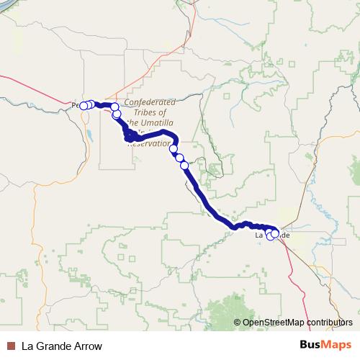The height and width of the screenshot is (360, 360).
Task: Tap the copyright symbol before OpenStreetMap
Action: pyautogui.click(x=238, y=322)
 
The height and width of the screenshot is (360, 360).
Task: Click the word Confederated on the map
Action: pyautogui.click(x=150, y=103)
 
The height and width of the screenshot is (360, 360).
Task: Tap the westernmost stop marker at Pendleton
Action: pyautogui.click(x=84, y=106)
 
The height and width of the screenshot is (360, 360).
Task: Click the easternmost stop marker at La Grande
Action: pyautogui.click(x=275, y=233)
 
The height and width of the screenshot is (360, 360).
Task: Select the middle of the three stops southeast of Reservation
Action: pyautogui.click(x=179, y=158)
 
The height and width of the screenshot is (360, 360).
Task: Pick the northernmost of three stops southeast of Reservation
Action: pyautogui.click(x=174, y=149)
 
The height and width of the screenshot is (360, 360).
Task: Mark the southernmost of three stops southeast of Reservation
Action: pyautogui.click(x=184, y=166)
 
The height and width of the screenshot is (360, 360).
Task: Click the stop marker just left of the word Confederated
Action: pyautogui.click(x=114, y=107)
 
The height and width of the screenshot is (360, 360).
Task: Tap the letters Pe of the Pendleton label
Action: pyautogui.click(x=76, y=105)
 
